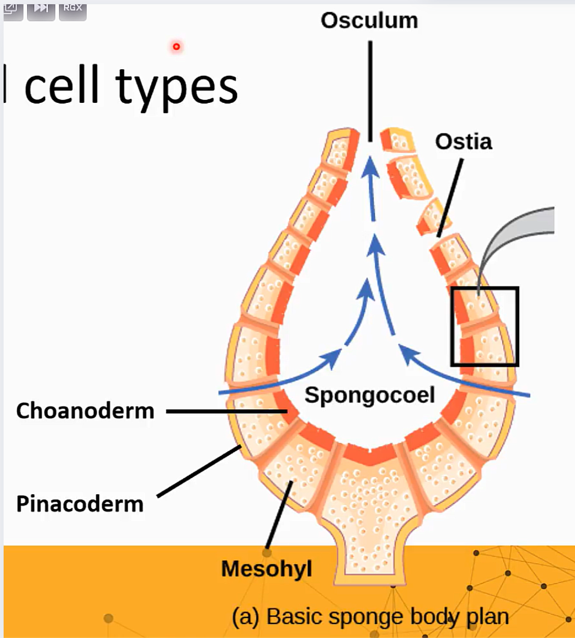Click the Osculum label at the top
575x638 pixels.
pyautogui.click(x=369, y=20)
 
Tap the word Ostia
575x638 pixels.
pyautogui.click(x=463, y=141)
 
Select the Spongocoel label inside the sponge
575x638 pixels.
pyautogui.click(x=369, y=395)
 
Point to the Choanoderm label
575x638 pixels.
pyautogui.click(x=85, y=411)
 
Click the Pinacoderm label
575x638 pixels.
pyautogui.click(x=80, y=504)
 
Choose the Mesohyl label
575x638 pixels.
pyautogui.click(x=266, y=569)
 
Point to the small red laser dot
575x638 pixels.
pyautogui.click(x=176, y=46)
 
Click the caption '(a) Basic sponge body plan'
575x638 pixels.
pyautogui.click(x=370, y=617)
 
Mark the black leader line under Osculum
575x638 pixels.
pyautogui.click(x=370, y=90)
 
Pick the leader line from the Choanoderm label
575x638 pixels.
pyautogui.click(x=226, y=412)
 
